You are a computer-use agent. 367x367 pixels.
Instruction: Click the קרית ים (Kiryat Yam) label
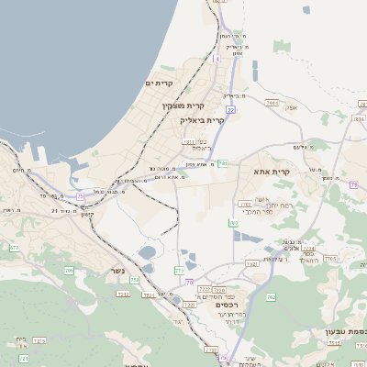point(160,83)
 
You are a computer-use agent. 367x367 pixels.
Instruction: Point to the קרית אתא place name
point(272,172)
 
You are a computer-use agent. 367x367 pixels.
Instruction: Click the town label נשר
point(117,270)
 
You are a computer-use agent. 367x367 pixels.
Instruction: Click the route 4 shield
point(217,58)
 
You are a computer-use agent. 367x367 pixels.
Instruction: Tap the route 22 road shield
point(231,109)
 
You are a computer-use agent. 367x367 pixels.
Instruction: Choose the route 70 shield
point(190,281)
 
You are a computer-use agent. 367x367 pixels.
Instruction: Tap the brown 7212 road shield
point(123,294)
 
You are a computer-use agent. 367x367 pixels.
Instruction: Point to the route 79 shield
point(353,184)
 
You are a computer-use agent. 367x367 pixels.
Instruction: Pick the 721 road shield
point(24,357)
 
